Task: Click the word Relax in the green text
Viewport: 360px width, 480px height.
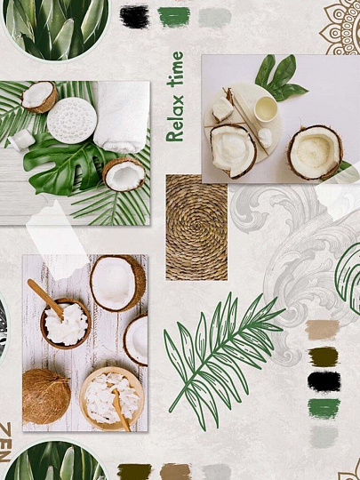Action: (175, 118)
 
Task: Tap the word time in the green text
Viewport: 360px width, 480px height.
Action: (175, 69)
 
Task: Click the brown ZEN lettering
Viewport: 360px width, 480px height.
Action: (5, 442)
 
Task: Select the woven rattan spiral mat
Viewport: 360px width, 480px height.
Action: (196, 228)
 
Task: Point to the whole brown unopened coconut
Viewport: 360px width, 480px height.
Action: (46, 396)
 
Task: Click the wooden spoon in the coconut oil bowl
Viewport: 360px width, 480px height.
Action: (46, 300)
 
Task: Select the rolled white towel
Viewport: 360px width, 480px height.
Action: (122, 116)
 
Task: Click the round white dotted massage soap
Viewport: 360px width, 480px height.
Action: (72, 120)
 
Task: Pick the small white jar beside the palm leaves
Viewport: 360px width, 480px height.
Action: (21, 140)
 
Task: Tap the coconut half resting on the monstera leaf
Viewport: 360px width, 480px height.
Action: (124, 174)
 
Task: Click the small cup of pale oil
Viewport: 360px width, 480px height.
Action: (266, 109)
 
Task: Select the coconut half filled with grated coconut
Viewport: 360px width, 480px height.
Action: (315, 152)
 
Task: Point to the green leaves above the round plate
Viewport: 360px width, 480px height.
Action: (280, 78)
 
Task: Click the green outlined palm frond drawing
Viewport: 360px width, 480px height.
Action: (222, 359)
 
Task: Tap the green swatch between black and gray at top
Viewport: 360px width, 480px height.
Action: (173, 17)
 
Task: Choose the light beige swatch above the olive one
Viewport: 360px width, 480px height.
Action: (323, 330)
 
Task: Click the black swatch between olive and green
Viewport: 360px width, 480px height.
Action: (324, 381)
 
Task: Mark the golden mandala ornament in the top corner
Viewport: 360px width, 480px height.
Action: (340, 28)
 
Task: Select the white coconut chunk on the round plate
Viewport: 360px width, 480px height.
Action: (223, 109)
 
